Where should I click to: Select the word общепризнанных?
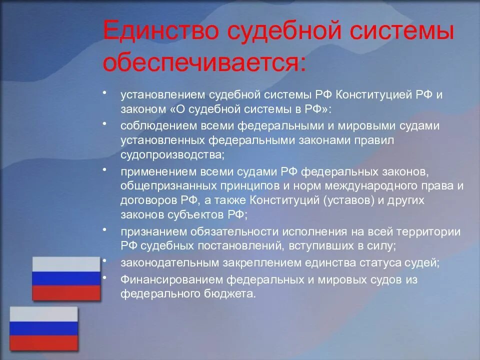[163, 186]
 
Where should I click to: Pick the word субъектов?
[191, 214]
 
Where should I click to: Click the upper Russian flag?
[66, 278]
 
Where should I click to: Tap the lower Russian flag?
[44, 328]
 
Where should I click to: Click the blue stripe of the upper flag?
[66, 278]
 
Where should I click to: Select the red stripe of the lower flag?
[44, 342]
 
